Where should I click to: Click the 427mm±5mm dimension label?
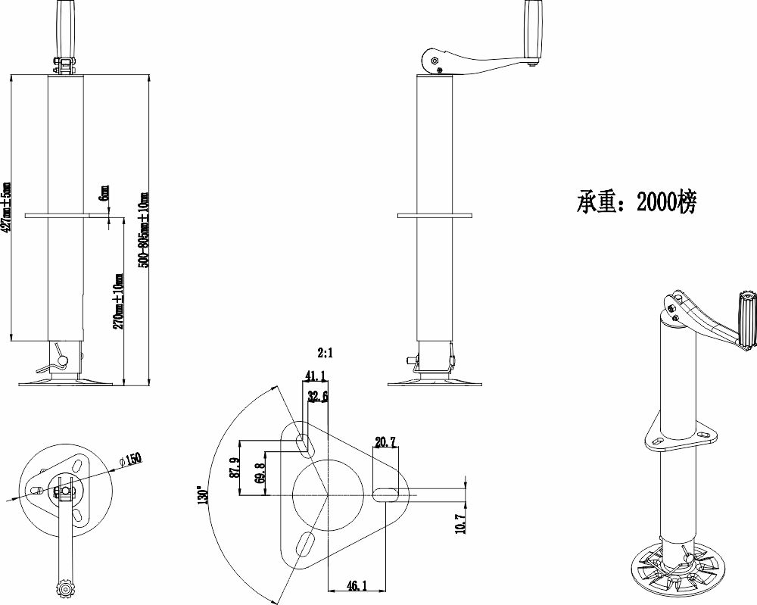pyautogui.click(x=6, y=207)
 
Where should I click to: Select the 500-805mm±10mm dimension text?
pyautogui.click(x=144, y=229)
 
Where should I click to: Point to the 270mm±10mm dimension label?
pyautogui.click(x=119, y=301)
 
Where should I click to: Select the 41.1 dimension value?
pyautogui.click(x=315, y=375)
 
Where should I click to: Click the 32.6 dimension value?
pyautogui.click(x=318, y=397)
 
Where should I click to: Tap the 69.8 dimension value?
pyautogui.click(x=261, y=473)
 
